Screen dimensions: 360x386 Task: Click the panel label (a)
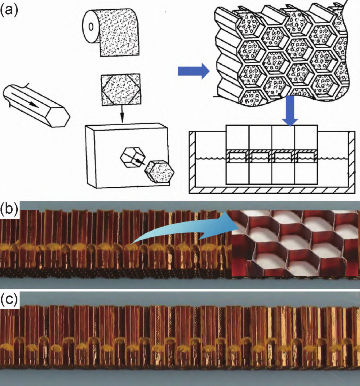9,10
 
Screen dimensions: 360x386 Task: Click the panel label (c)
9,299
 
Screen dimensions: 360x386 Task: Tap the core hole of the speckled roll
91,26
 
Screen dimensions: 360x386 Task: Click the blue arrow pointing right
193,71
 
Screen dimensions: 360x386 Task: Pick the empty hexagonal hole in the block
133,157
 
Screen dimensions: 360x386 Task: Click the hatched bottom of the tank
272,190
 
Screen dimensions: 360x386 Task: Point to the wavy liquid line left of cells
211,158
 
